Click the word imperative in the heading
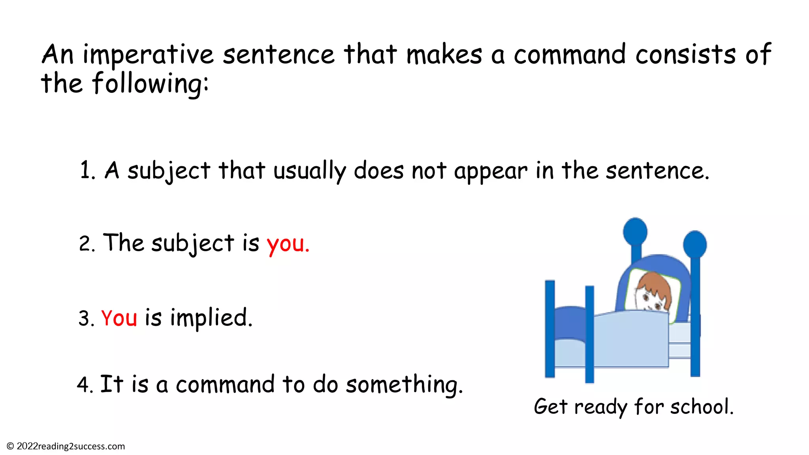(148, 55)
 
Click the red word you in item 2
(288, 244)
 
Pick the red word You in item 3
(119, 318)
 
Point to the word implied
(211, 318)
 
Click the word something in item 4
(404, 385)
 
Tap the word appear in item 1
(490, 171)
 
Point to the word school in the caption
(702, 406)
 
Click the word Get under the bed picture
(551, 406)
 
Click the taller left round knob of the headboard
(635, 231)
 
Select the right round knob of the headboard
(695, 244)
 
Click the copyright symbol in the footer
(10, 446)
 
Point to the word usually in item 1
(309, 171)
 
